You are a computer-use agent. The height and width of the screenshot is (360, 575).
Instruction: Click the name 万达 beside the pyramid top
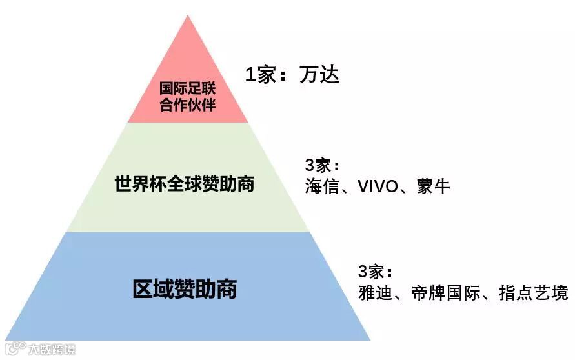(319, 75)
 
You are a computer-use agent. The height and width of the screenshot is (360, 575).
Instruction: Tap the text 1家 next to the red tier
(262, 75)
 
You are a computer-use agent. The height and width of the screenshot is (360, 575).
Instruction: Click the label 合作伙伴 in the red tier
(188, 105)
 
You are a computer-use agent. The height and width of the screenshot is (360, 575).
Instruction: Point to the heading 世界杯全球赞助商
(185, 184)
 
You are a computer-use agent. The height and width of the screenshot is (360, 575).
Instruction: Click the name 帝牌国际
(446, 294)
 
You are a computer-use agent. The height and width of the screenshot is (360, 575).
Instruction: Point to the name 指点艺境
(534, 294)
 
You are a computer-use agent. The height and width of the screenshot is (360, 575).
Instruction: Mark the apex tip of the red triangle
(188, 15)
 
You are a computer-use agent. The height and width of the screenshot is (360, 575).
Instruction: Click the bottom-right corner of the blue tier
(370, 339)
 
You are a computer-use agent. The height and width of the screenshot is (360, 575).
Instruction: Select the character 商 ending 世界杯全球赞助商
(245, 184)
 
